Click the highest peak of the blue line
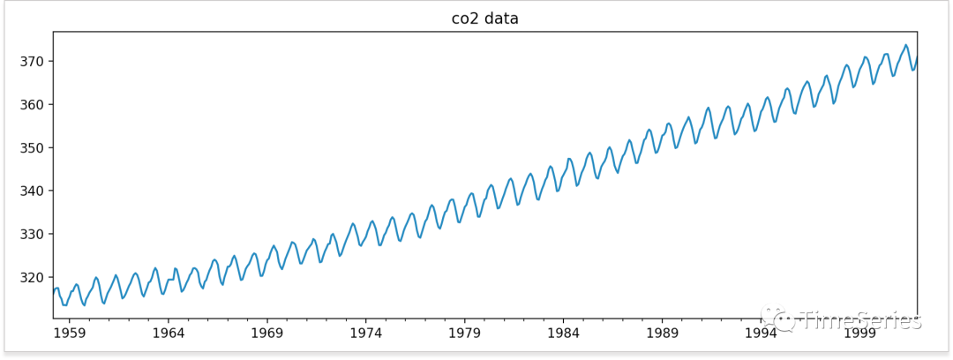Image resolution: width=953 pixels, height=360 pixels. (905, 45)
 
